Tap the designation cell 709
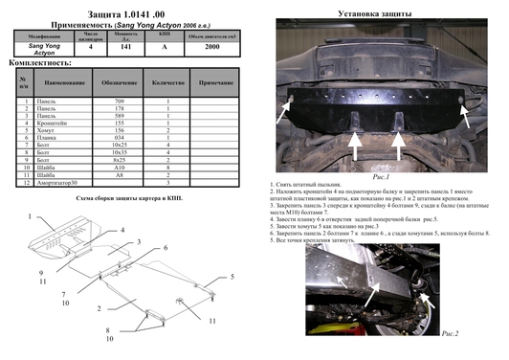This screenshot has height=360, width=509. point(121,101)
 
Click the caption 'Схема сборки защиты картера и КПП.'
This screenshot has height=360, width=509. point(128,198)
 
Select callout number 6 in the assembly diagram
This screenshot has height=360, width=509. point(165,247)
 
